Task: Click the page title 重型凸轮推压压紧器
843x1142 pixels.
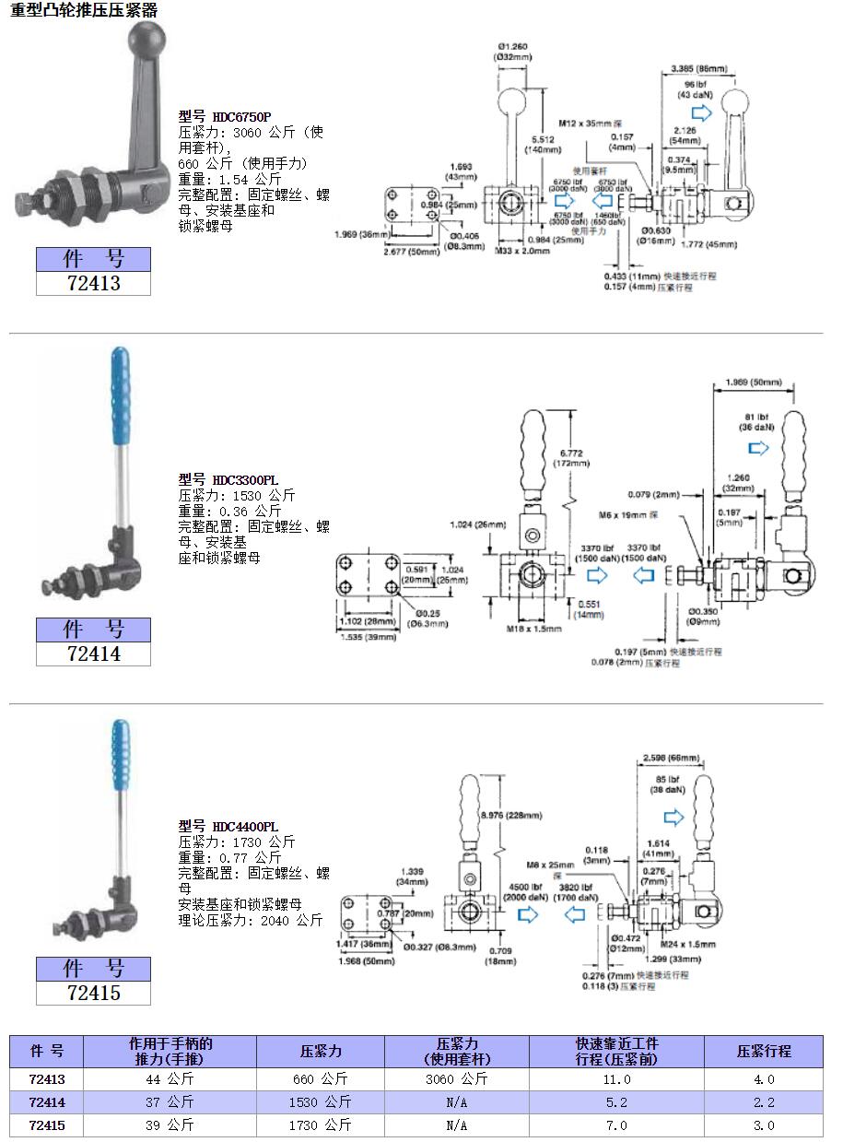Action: click(84, 11)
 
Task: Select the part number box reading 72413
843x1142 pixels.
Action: click(93, 284)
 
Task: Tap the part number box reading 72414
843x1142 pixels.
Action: click(93, 653)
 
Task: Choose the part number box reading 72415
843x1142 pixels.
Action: click(93, 993)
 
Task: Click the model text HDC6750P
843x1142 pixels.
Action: click(241, 117)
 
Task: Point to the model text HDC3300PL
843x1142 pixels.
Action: click(245, 480)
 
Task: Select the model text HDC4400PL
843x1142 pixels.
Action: click(245, 828)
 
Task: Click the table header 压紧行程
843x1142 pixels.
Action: click(764, 1051)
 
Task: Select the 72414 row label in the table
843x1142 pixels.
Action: click(46, 1101)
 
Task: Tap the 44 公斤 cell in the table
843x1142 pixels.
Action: click(170, 1078)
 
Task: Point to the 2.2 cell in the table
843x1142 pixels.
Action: click(764, 1101)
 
